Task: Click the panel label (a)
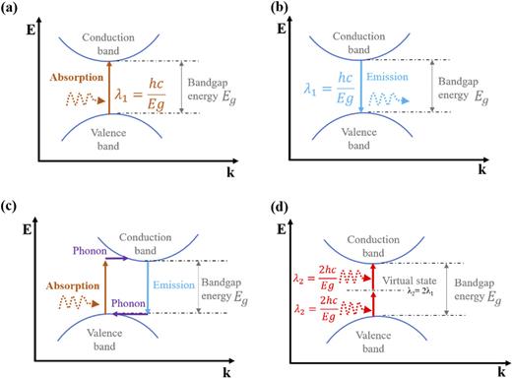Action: tap(12, 8)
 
